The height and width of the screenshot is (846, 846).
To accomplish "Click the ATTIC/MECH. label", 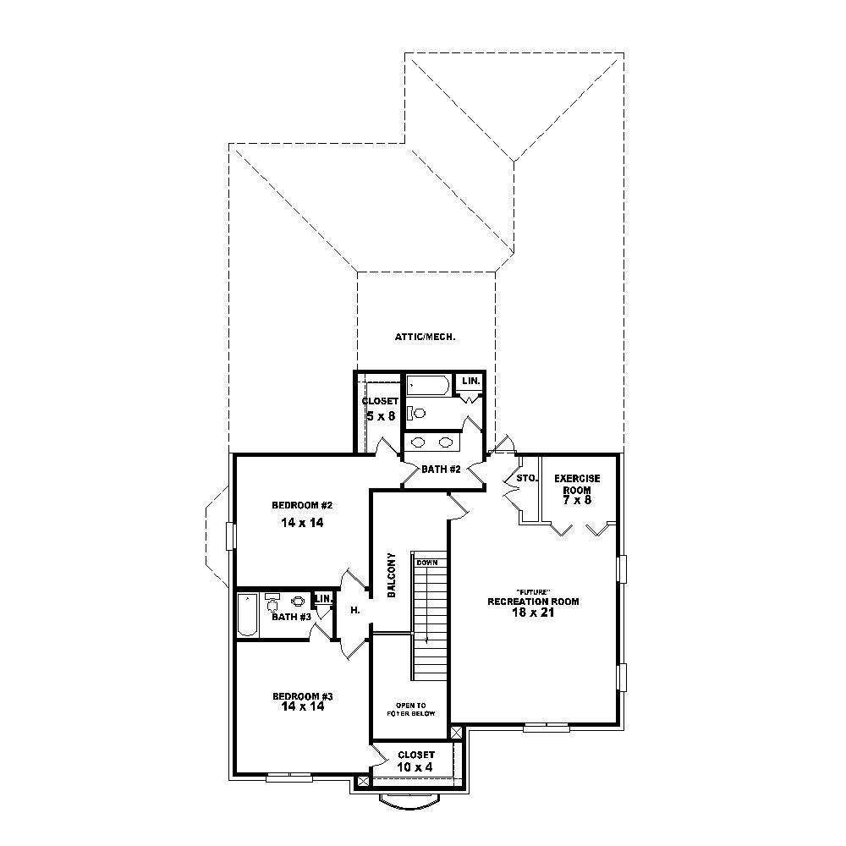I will [425, 337].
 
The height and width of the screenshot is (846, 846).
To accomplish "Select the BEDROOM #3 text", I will [303, 696].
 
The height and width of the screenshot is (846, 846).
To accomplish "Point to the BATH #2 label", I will [441, 470].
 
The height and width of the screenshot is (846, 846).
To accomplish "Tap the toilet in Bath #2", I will [417, 414].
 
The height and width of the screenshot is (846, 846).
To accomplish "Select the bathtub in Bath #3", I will [245, 615].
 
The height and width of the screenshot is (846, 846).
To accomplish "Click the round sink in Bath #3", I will [298, 602].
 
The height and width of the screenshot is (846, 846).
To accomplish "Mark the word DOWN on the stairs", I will [426, 563].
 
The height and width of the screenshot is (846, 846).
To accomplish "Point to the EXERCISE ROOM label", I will [577, 484].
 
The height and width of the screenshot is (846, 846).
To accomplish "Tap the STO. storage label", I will [526, 479].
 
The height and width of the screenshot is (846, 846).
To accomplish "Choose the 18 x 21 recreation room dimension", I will [532, 613].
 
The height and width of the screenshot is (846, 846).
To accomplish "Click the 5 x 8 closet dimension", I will [381, 416].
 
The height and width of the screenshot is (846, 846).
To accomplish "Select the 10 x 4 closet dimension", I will [415, 767].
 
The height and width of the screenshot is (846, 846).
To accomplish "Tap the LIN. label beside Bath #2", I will [470, 382].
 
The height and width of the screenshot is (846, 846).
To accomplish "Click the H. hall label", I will [355, 610].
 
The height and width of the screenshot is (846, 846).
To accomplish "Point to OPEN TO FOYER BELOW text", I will [415, 709].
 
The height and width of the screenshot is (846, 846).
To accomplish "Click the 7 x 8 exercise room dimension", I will [577, 501].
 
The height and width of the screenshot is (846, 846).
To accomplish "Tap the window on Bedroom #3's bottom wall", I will [290, 776].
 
